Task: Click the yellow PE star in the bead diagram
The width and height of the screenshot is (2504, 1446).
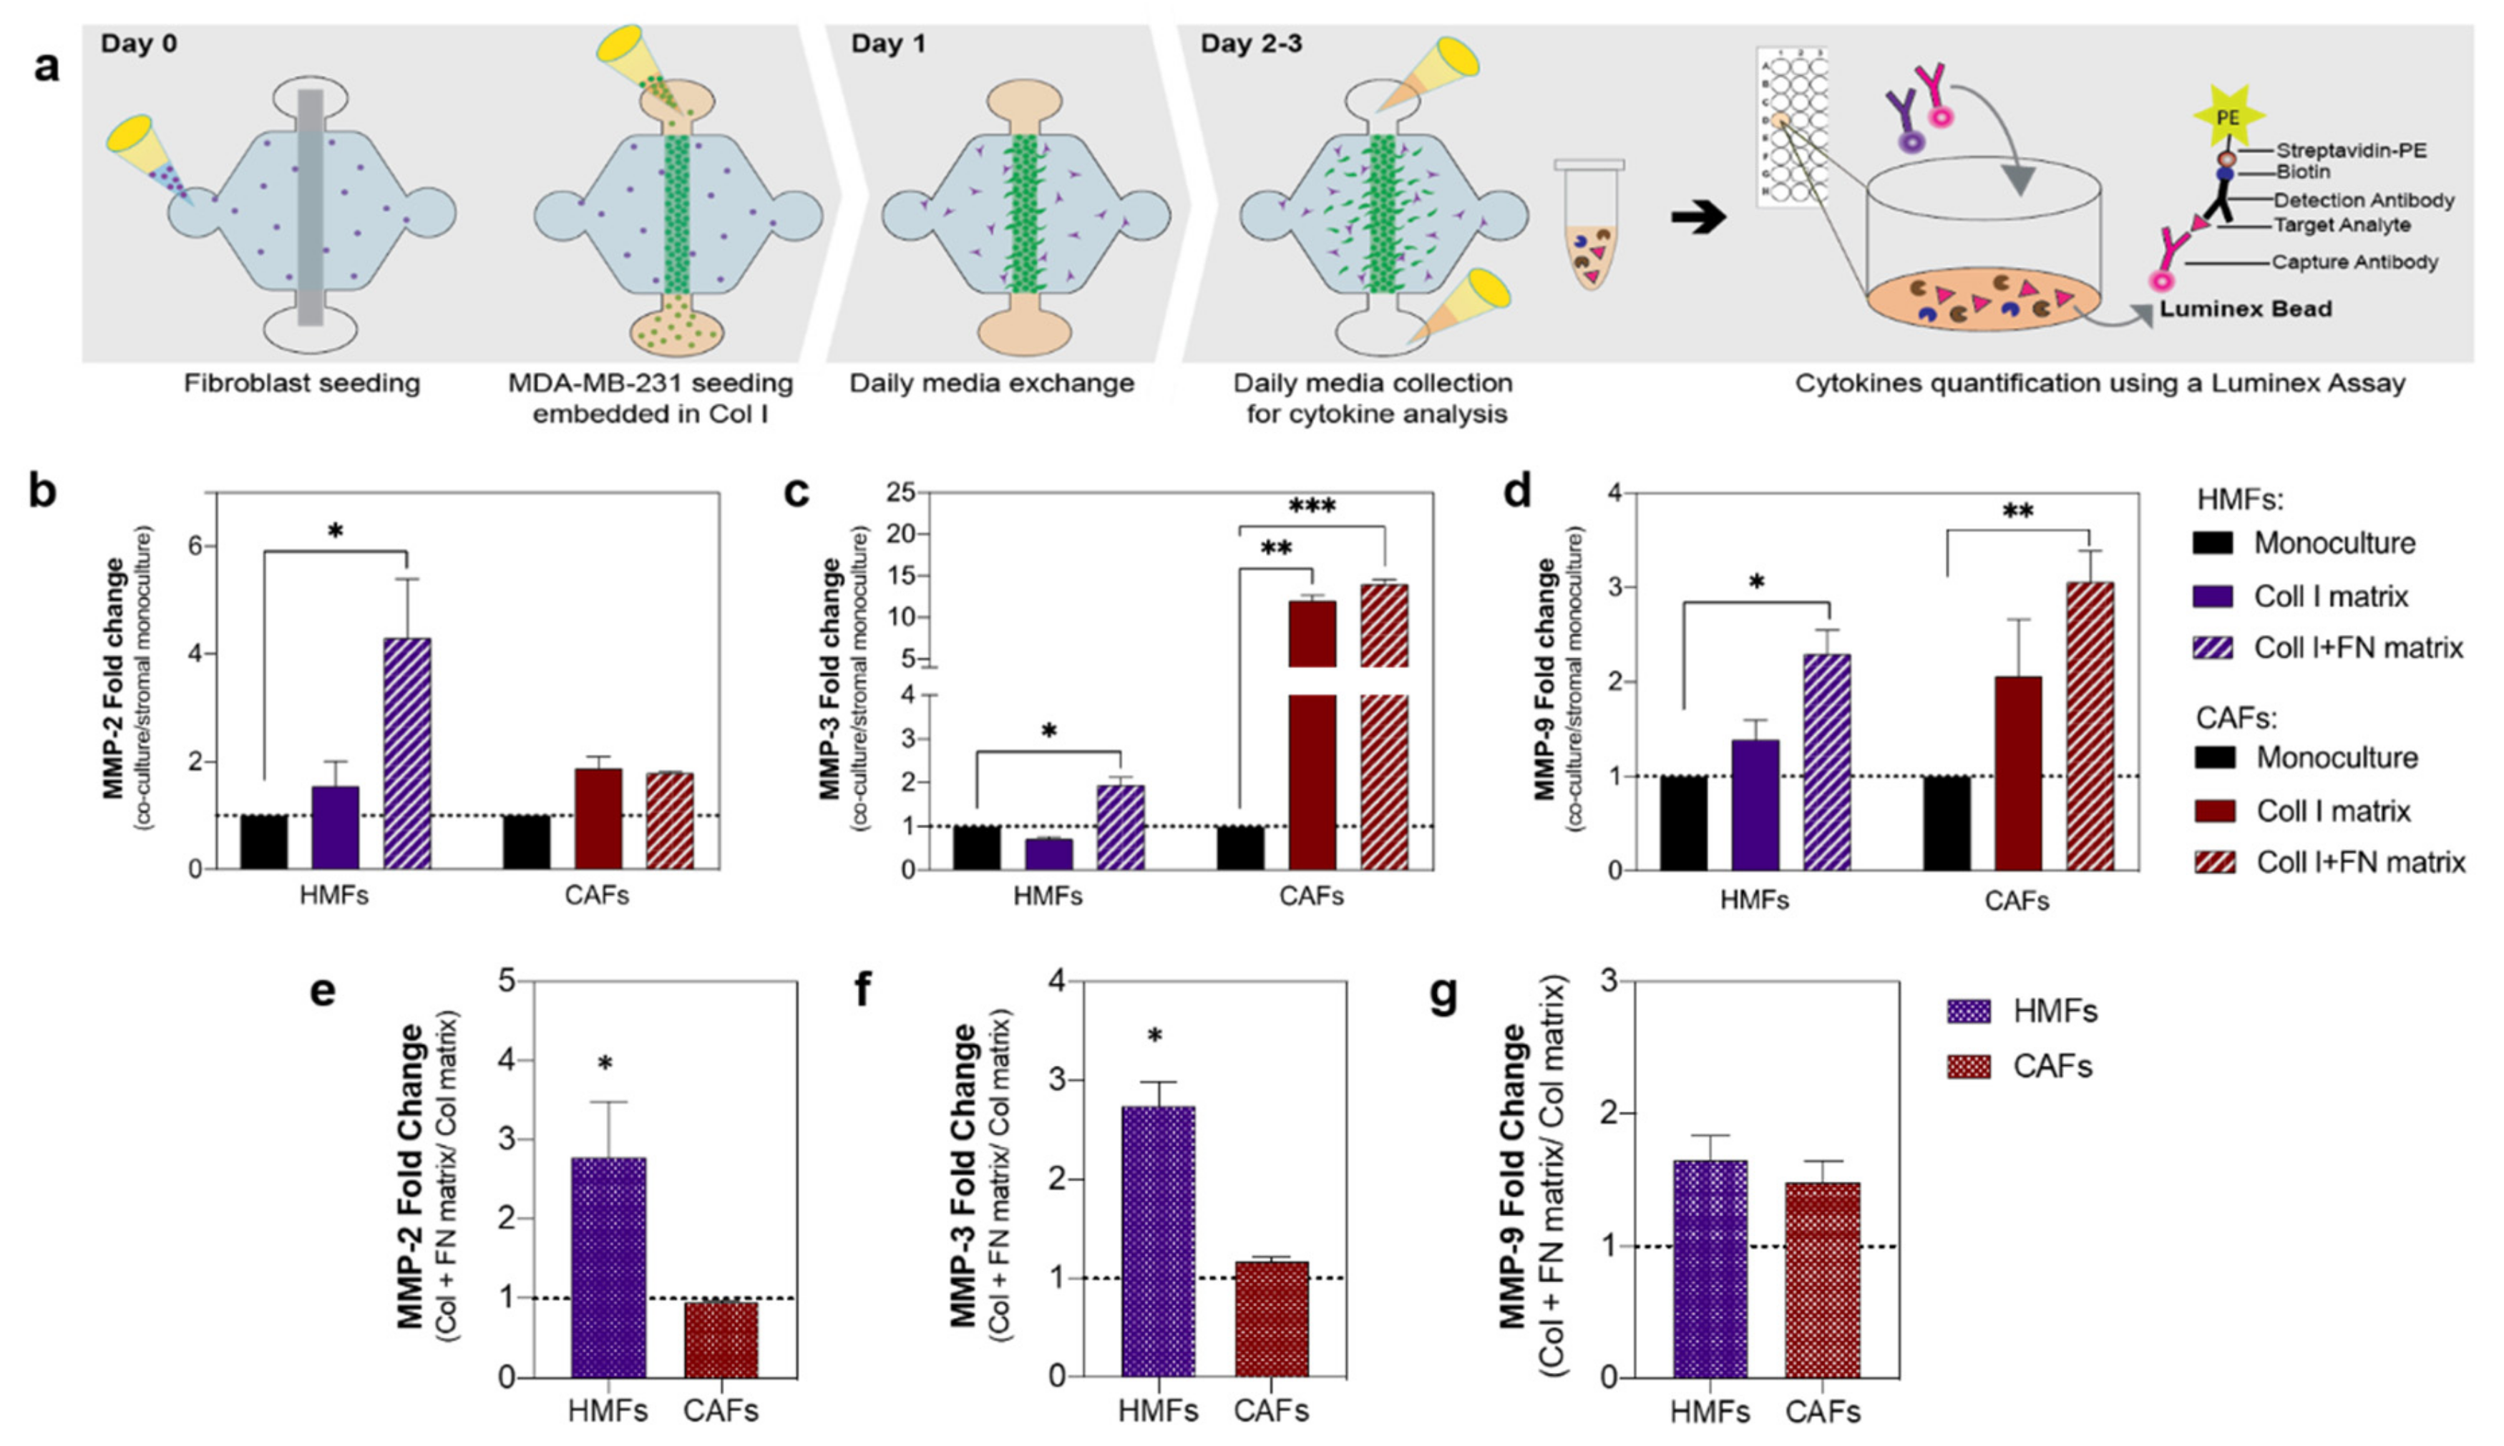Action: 2227,117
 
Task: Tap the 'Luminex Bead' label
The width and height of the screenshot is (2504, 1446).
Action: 2246,309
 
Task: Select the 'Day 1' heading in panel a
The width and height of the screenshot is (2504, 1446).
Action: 887,44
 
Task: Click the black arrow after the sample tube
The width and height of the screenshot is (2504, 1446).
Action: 1697,218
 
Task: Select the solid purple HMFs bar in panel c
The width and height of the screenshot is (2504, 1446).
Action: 1048,854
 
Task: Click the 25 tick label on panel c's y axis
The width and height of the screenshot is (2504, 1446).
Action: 900,492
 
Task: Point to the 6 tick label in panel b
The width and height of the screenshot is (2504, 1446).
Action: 195,546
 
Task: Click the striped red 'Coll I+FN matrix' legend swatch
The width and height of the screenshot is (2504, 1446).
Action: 2215,862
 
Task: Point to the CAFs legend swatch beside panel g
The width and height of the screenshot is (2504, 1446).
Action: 1969,1067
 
